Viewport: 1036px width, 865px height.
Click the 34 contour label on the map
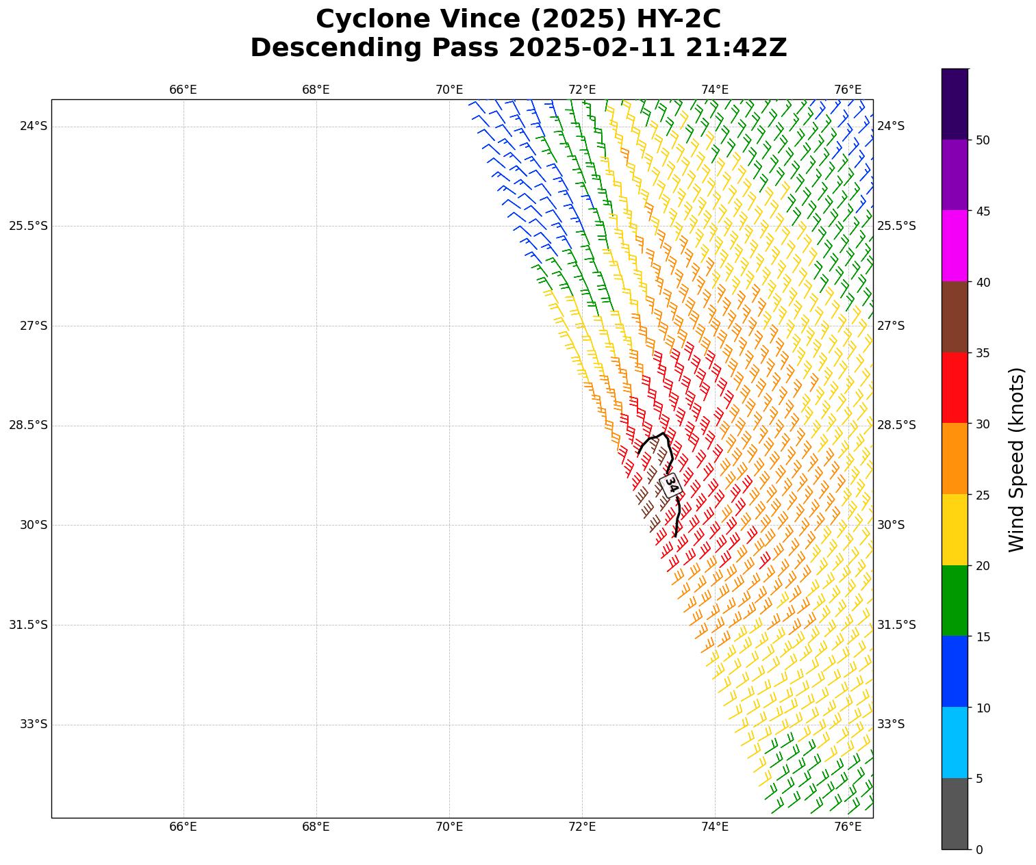coord(671,485)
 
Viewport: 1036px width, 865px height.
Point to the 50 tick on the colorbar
coord(983,140)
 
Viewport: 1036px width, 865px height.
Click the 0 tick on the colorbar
coord(979,850)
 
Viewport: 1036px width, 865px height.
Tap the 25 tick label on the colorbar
coord(983,495)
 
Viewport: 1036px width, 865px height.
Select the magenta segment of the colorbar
coord(955,246)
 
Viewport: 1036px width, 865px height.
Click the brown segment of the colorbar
coord(955,317)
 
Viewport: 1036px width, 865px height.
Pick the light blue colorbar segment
coord(955,743)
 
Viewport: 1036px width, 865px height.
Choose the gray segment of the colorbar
coord(955,814)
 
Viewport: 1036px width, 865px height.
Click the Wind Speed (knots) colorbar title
coord(1018,459)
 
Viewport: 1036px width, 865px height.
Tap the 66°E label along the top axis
coord(183,90)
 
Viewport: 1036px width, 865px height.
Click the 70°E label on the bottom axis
coord(449,827)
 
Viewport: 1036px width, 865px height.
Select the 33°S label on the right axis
coord(891,724)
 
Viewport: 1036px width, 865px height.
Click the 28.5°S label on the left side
coord(29,425)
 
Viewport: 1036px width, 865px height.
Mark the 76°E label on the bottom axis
coord(848,827)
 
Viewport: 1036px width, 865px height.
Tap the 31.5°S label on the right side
coord(896,625)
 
